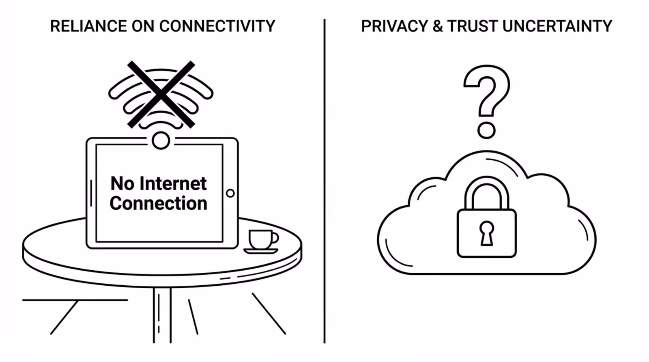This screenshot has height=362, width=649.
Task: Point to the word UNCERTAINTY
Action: coord(557,26)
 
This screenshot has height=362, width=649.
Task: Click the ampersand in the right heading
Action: coord(438,26)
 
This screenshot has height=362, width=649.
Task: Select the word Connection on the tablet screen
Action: coord(159,203)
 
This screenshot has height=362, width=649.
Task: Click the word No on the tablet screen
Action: coord(122,184)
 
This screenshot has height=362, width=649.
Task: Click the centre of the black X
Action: coord(161,94)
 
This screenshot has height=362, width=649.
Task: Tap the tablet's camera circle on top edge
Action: coord(161,141)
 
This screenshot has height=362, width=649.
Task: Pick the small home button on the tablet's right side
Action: coord(230,193)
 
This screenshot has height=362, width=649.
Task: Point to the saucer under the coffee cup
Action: coord(260,251)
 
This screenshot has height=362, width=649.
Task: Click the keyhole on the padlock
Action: coord(486,233)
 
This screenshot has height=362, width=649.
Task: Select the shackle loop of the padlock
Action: coord(486,191)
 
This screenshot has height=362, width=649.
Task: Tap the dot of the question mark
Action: coord(486,131)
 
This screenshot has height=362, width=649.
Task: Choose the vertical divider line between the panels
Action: coord(324,183)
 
